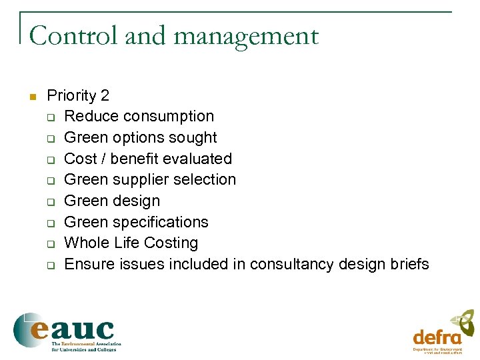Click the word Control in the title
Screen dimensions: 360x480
tap(73, 36)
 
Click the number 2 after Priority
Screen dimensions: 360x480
tap(105, 95)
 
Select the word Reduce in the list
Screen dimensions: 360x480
tap(88, 116)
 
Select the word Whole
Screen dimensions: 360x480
tap(86, 243)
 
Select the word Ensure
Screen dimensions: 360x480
tap(89, 264)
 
